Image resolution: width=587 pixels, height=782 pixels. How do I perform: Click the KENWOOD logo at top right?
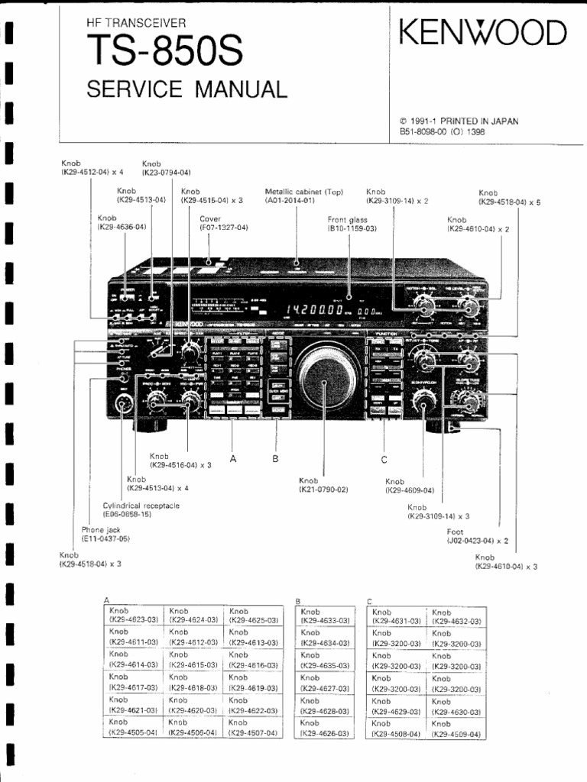pyautogui.click(x=482, y=34)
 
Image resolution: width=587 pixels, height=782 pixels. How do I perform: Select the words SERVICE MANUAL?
pyautogui.click(x=186, y=89)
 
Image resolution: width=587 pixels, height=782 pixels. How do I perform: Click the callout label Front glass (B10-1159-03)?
pyautogui.click(x=352, y=223)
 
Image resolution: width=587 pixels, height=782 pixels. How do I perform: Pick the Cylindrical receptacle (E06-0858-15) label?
pyautogui.click(x=141, y=510)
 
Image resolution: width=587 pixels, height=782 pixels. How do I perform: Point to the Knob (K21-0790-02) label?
pyautogui.click(x=323, y=485)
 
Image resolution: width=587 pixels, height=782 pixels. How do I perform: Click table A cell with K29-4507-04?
pyautogui.click(x=253, y=728)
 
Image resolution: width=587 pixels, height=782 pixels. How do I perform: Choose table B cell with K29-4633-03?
pyautogui.click(x=324, y=616)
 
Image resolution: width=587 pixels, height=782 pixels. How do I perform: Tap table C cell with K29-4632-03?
pyautogui.click(x=456, y=617)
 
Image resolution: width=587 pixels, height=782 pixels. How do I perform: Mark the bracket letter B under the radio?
pyautogui.click(x=275, y=459)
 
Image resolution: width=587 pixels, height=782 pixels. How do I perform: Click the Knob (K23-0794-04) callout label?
pyautogui.click(x=166, y=168)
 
